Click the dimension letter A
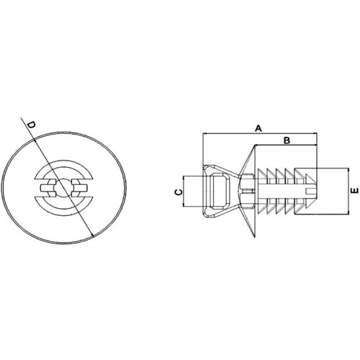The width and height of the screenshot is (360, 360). (x=258, y=127)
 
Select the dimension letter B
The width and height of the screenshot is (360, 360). (x=286, y=139)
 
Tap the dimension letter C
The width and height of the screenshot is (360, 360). (x=177, y=192)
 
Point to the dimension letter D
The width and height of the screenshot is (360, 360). (x=31, y=126)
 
